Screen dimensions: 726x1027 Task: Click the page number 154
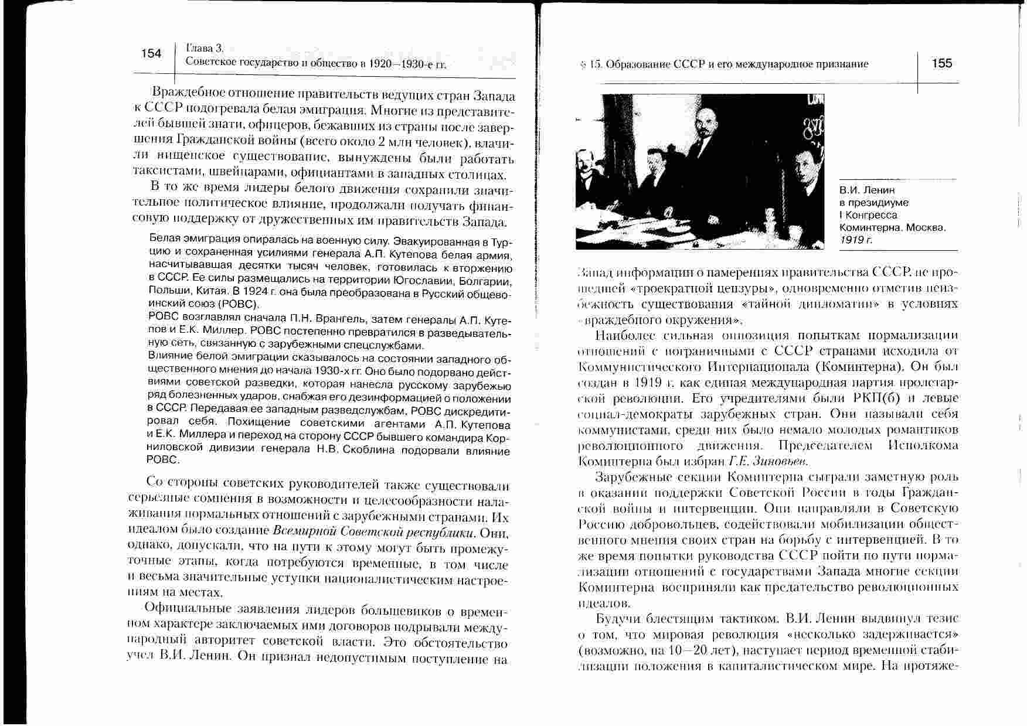point(151,54)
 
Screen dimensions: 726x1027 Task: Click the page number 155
point(942,63)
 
